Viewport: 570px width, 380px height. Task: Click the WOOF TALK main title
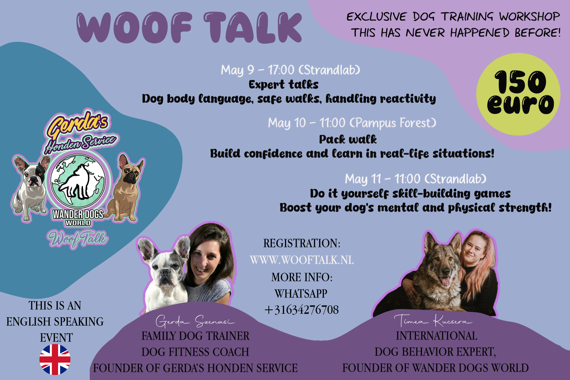[189, 28]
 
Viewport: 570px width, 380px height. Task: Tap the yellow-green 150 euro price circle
[518, 94]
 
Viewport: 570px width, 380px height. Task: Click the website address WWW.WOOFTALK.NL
[302, 260]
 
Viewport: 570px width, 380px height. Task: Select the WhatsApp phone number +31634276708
[302, 310]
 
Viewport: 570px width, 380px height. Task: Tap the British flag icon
[55, 359]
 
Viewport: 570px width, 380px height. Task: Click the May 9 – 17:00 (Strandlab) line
[290, 70]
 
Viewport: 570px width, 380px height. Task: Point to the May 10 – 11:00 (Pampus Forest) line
[352, 123]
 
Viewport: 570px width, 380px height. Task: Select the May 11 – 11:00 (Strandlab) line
[416, 179]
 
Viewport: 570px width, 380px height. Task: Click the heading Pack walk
[348, 139]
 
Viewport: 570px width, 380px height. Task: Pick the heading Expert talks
[284, 85]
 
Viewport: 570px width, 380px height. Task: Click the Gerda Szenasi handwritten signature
[195, 321]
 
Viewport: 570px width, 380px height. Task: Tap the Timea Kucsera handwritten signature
[433, 321]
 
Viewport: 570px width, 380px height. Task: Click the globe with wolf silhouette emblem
[78, 181]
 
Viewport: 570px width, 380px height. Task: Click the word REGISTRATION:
[302, 243]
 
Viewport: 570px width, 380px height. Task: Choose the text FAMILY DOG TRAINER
[195, 336]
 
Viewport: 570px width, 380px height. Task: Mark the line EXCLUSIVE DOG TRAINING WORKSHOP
[453, 17]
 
